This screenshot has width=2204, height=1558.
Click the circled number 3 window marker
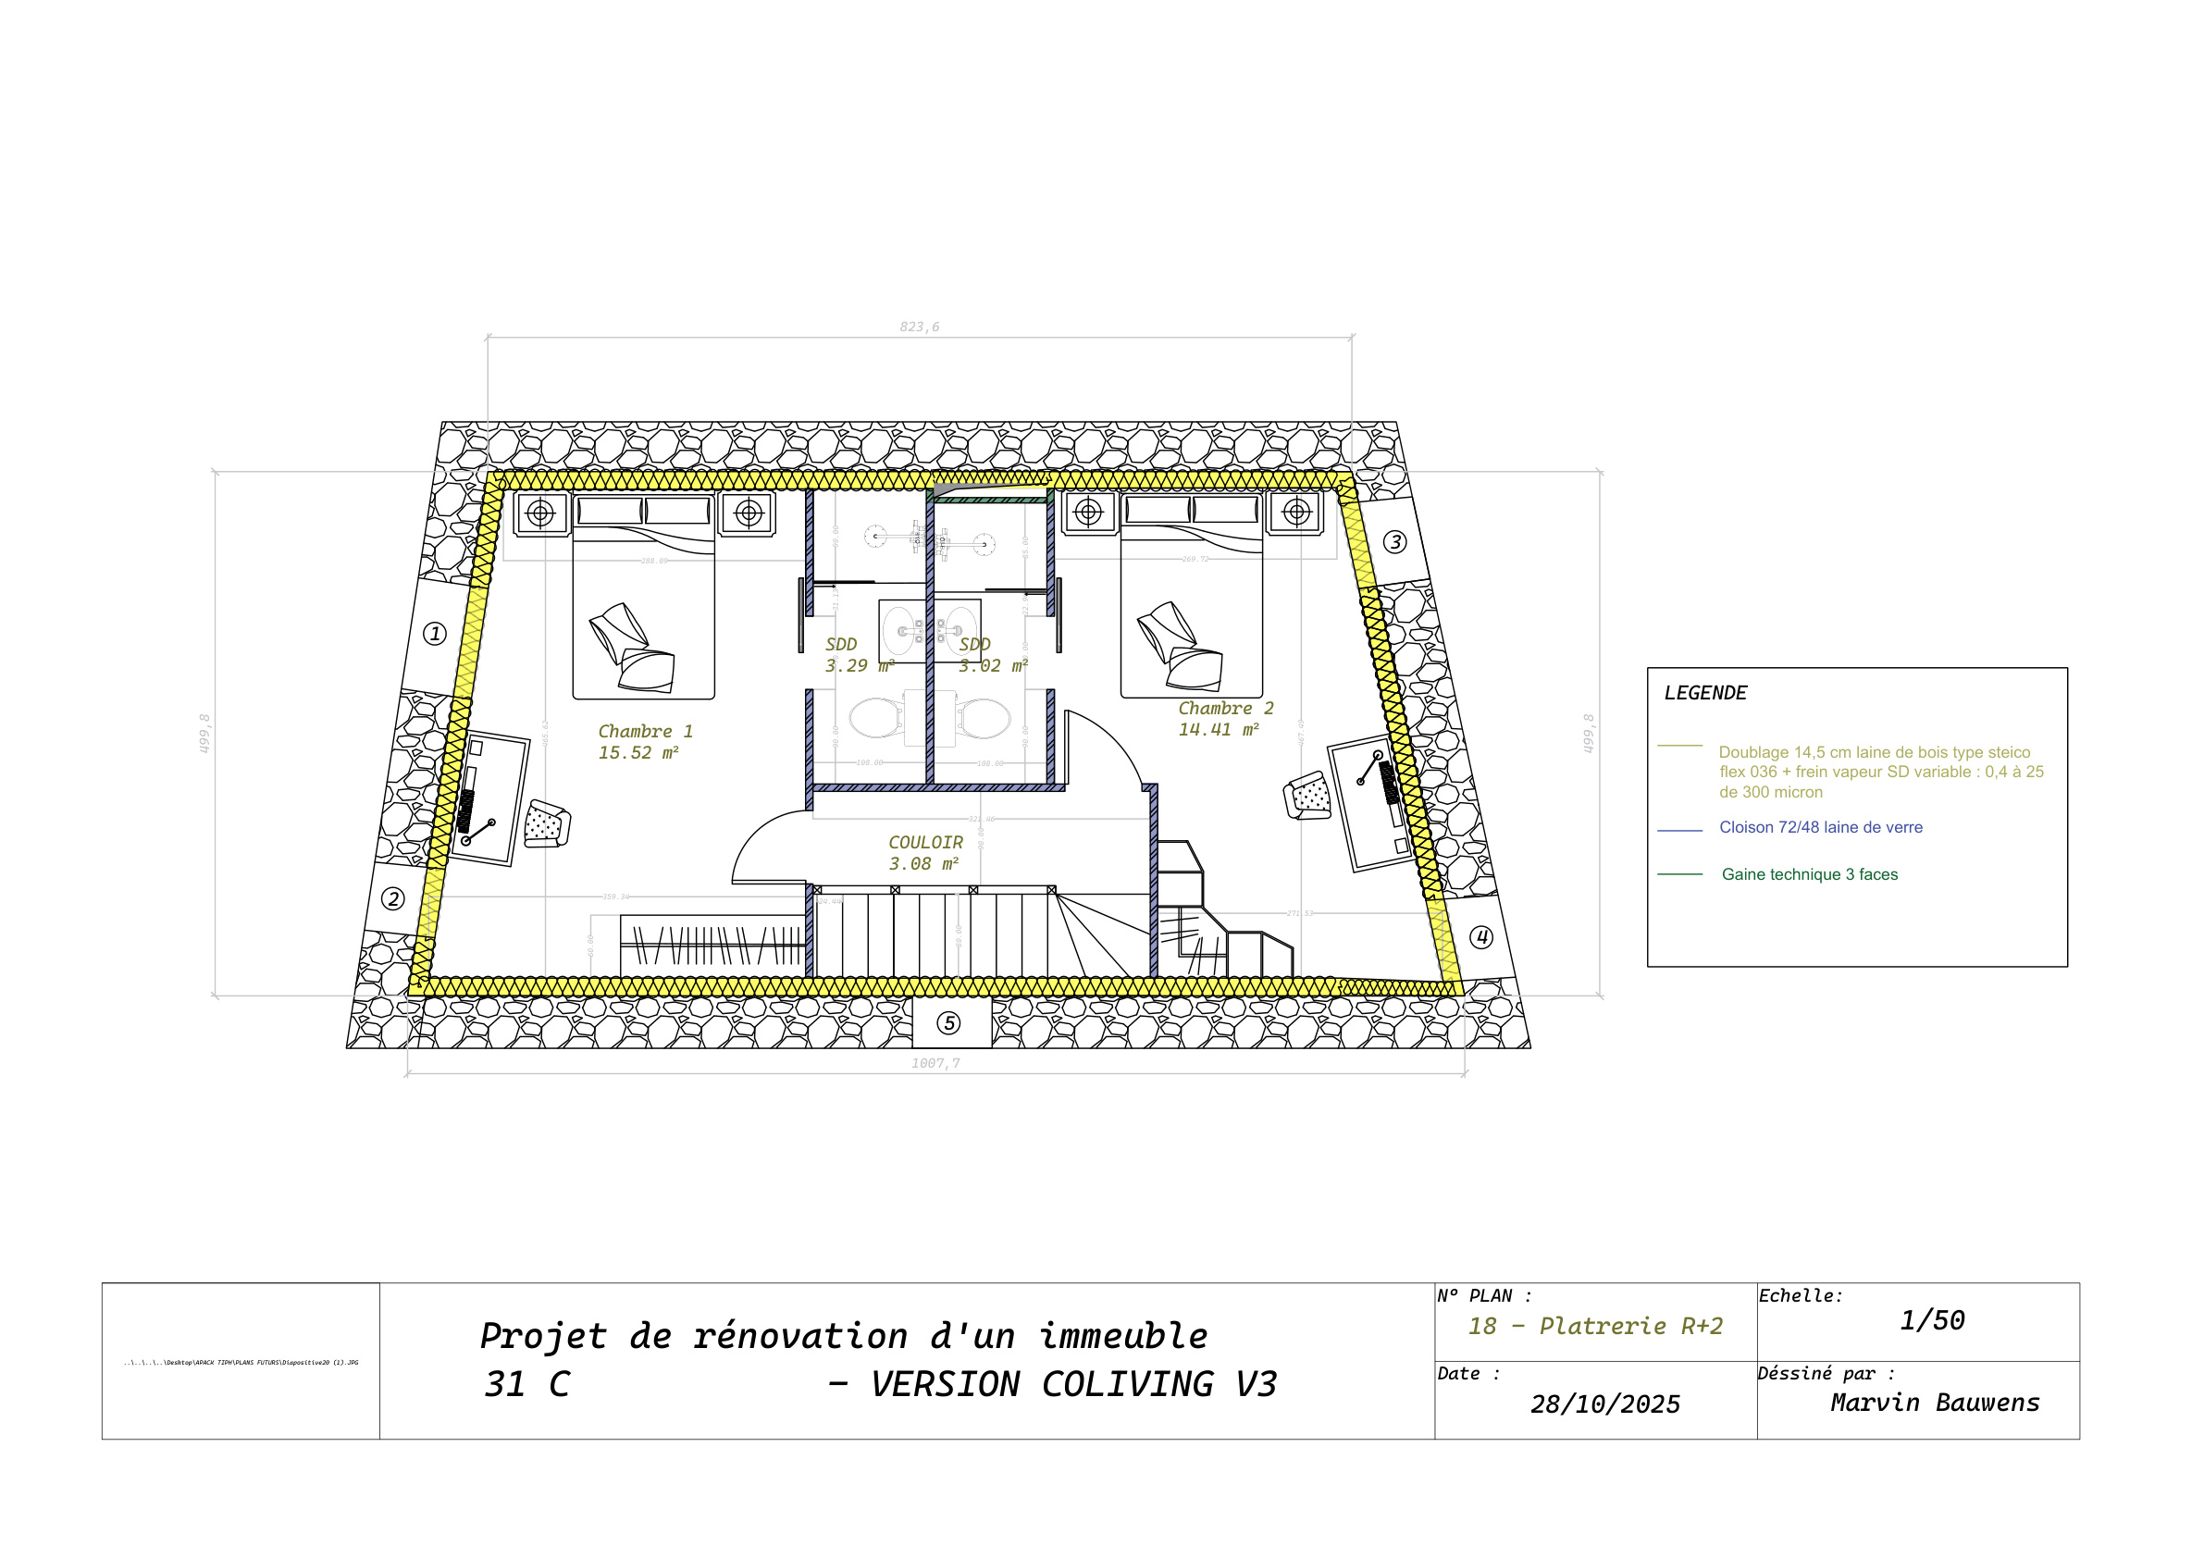1394,542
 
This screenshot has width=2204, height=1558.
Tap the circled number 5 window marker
948,1023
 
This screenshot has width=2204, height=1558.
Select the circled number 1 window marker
435,634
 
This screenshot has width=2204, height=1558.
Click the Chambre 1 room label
645,732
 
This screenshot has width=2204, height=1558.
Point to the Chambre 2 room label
1226,709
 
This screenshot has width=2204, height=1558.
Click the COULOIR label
925,843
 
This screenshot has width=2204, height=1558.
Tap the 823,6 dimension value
920,328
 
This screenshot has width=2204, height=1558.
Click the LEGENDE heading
1706,693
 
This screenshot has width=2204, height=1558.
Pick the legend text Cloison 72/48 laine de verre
1820,827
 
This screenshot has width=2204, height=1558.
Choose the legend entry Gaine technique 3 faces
1810,874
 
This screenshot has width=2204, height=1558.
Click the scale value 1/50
1932,1321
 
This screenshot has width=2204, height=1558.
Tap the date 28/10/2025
1605,1404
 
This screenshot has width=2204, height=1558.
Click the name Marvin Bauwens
1934,1403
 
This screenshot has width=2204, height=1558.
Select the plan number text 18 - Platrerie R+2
1595,1327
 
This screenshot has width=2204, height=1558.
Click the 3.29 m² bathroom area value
860,666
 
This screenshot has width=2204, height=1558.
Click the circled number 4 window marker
1481,937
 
